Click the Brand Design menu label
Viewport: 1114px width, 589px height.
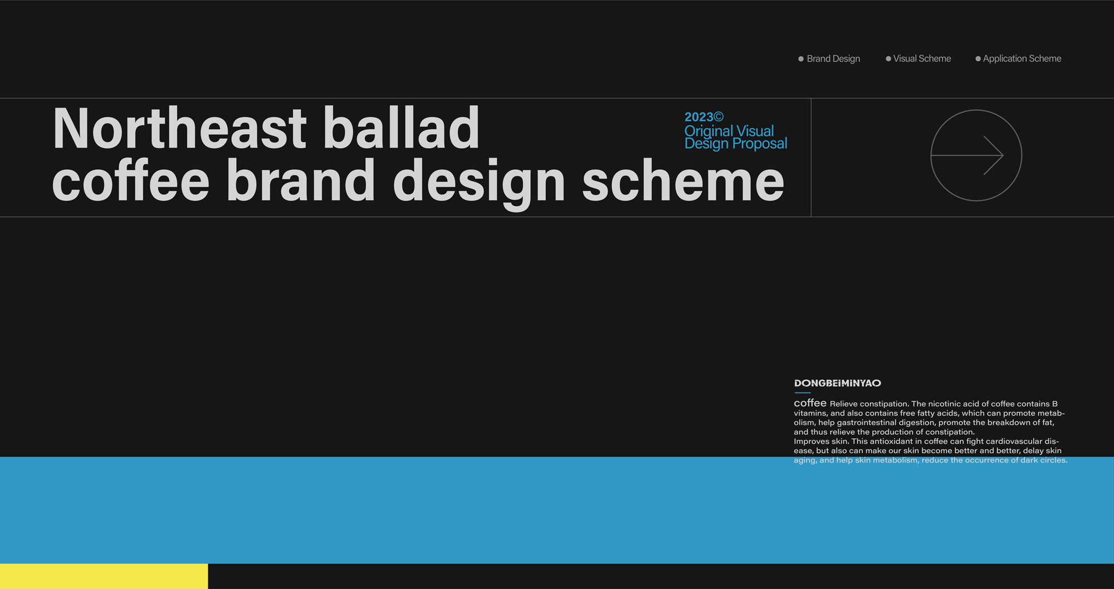pyautogui.click(x=833, y=59)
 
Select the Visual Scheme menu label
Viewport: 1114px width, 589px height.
pyautogui.click(x=922, y=58)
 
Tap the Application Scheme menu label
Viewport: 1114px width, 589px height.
pyautogui.click(x=1022, y=59)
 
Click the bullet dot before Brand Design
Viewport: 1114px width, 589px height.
pyautogui.click(x=801, y=59)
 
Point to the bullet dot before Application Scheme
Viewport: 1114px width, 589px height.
pyautogui.click(x=978, y=59)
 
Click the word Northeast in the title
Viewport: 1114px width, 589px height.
pyautogui.click(x=179, y=129)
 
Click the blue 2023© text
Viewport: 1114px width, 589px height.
pyautogui.click(x=704, y=117)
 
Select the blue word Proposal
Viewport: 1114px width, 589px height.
pyautogui.click(x=760, y=144)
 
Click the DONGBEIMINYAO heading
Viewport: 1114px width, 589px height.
pyautogui.click(x=838, y=383)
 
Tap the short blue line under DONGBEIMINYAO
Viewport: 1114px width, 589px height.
pyautogui.click(x=802, y=392)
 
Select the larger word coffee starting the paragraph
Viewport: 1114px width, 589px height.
pyautogui.click(x=810, y=403)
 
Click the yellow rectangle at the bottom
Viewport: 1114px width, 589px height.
pyautogui.click(x=104, y=576)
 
